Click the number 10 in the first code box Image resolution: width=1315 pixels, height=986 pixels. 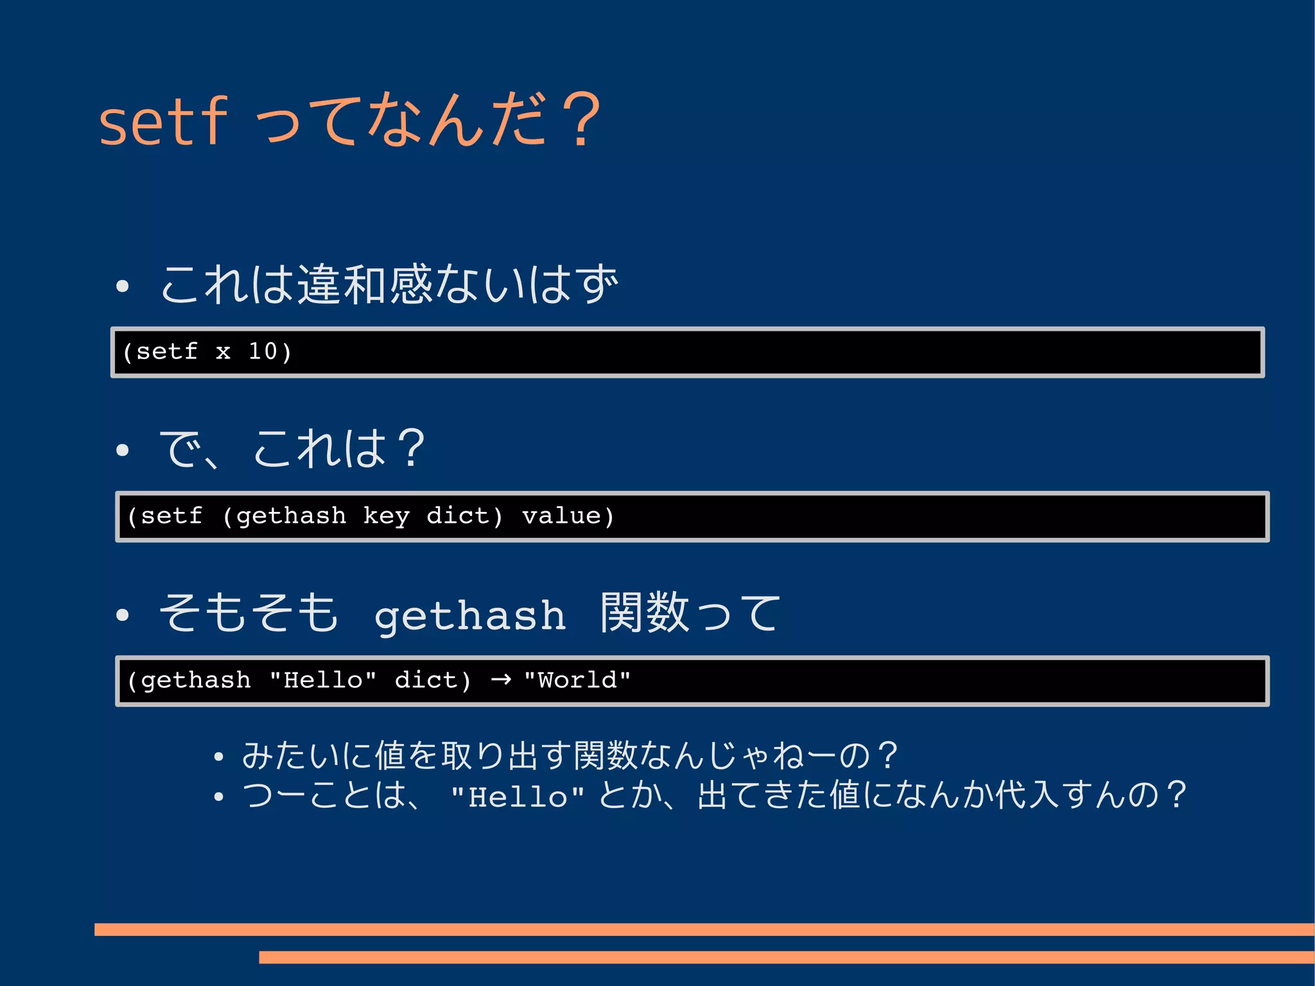coord(263,351)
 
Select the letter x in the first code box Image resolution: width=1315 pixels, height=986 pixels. coord(223,352)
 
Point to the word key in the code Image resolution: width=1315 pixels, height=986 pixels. coord(386,516)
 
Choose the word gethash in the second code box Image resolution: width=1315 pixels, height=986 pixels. coord(291,516)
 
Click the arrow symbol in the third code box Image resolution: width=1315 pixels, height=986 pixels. coord(501,680)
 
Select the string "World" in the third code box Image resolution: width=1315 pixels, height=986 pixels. coord(577,680)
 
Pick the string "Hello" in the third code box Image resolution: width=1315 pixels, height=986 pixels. coord(323,680)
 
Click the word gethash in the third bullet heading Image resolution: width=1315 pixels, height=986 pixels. coord(470,616)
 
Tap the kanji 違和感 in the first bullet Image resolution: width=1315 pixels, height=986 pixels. coord(365,284)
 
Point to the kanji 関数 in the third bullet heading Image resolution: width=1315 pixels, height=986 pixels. coord(645,612)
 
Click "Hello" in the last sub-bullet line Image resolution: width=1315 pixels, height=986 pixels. coord(518,797)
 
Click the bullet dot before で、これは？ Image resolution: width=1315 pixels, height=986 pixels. coord(123,450)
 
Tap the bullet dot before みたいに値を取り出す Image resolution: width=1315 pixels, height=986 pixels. coord(219,757)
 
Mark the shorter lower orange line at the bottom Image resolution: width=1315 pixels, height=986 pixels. coord(787,957)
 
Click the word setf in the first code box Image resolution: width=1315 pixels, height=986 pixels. coord(166,351)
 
